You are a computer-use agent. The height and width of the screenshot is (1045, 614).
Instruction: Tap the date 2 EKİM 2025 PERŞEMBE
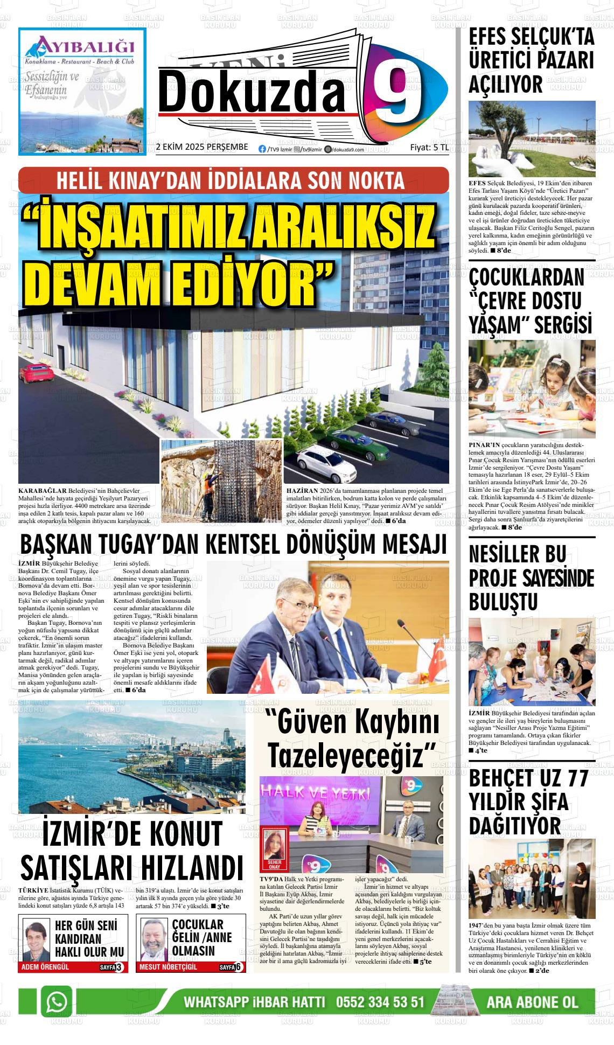coord(201,147)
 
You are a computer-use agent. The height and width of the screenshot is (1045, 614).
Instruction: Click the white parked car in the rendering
coord(324,464)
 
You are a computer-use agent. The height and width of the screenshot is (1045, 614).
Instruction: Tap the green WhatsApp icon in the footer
coord(57,1002)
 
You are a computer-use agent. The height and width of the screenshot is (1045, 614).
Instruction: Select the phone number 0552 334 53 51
coord(380,1002)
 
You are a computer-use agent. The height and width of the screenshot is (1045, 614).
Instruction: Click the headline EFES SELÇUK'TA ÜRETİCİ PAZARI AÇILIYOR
coord(531,60)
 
